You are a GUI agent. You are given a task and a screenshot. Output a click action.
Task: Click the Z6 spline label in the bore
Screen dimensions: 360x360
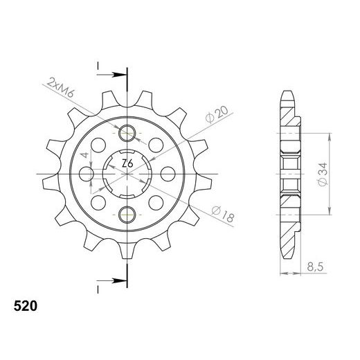pyautogui.click(x=127, y=164)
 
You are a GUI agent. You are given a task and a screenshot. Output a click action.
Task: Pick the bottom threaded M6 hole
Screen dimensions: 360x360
pyautogui.click(x=127, y=215)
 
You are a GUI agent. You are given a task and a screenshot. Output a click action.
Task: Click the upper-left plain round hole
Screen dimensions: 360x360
pyautogui.click(x=100, y=145)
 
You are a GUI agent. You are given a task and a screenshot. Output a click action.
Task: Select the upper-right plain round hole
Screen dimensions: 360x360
pyautogui.click(x=155, y=145)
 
